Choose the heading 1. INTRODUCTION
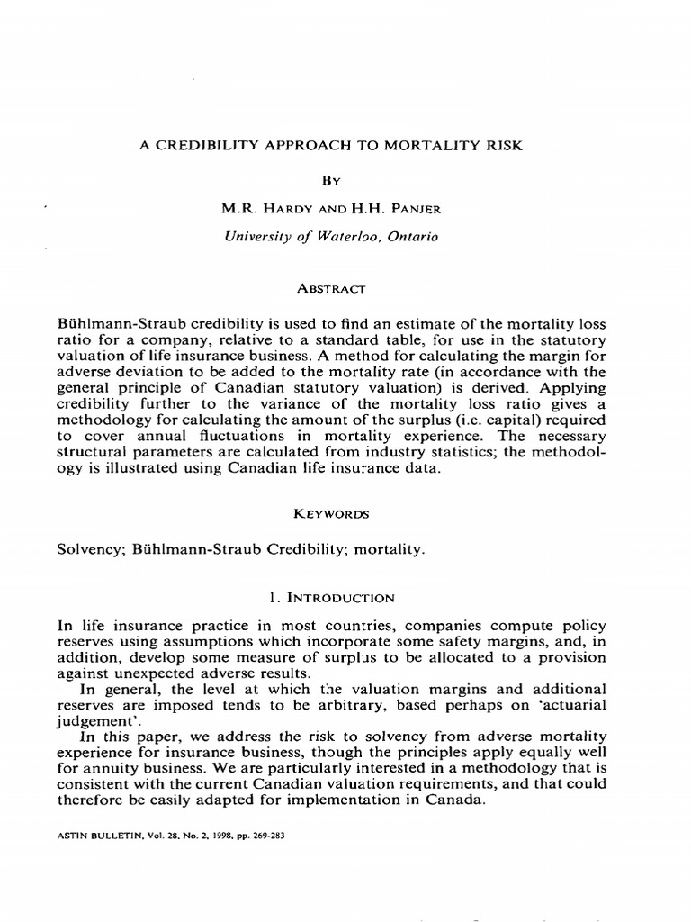(345, 598)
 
